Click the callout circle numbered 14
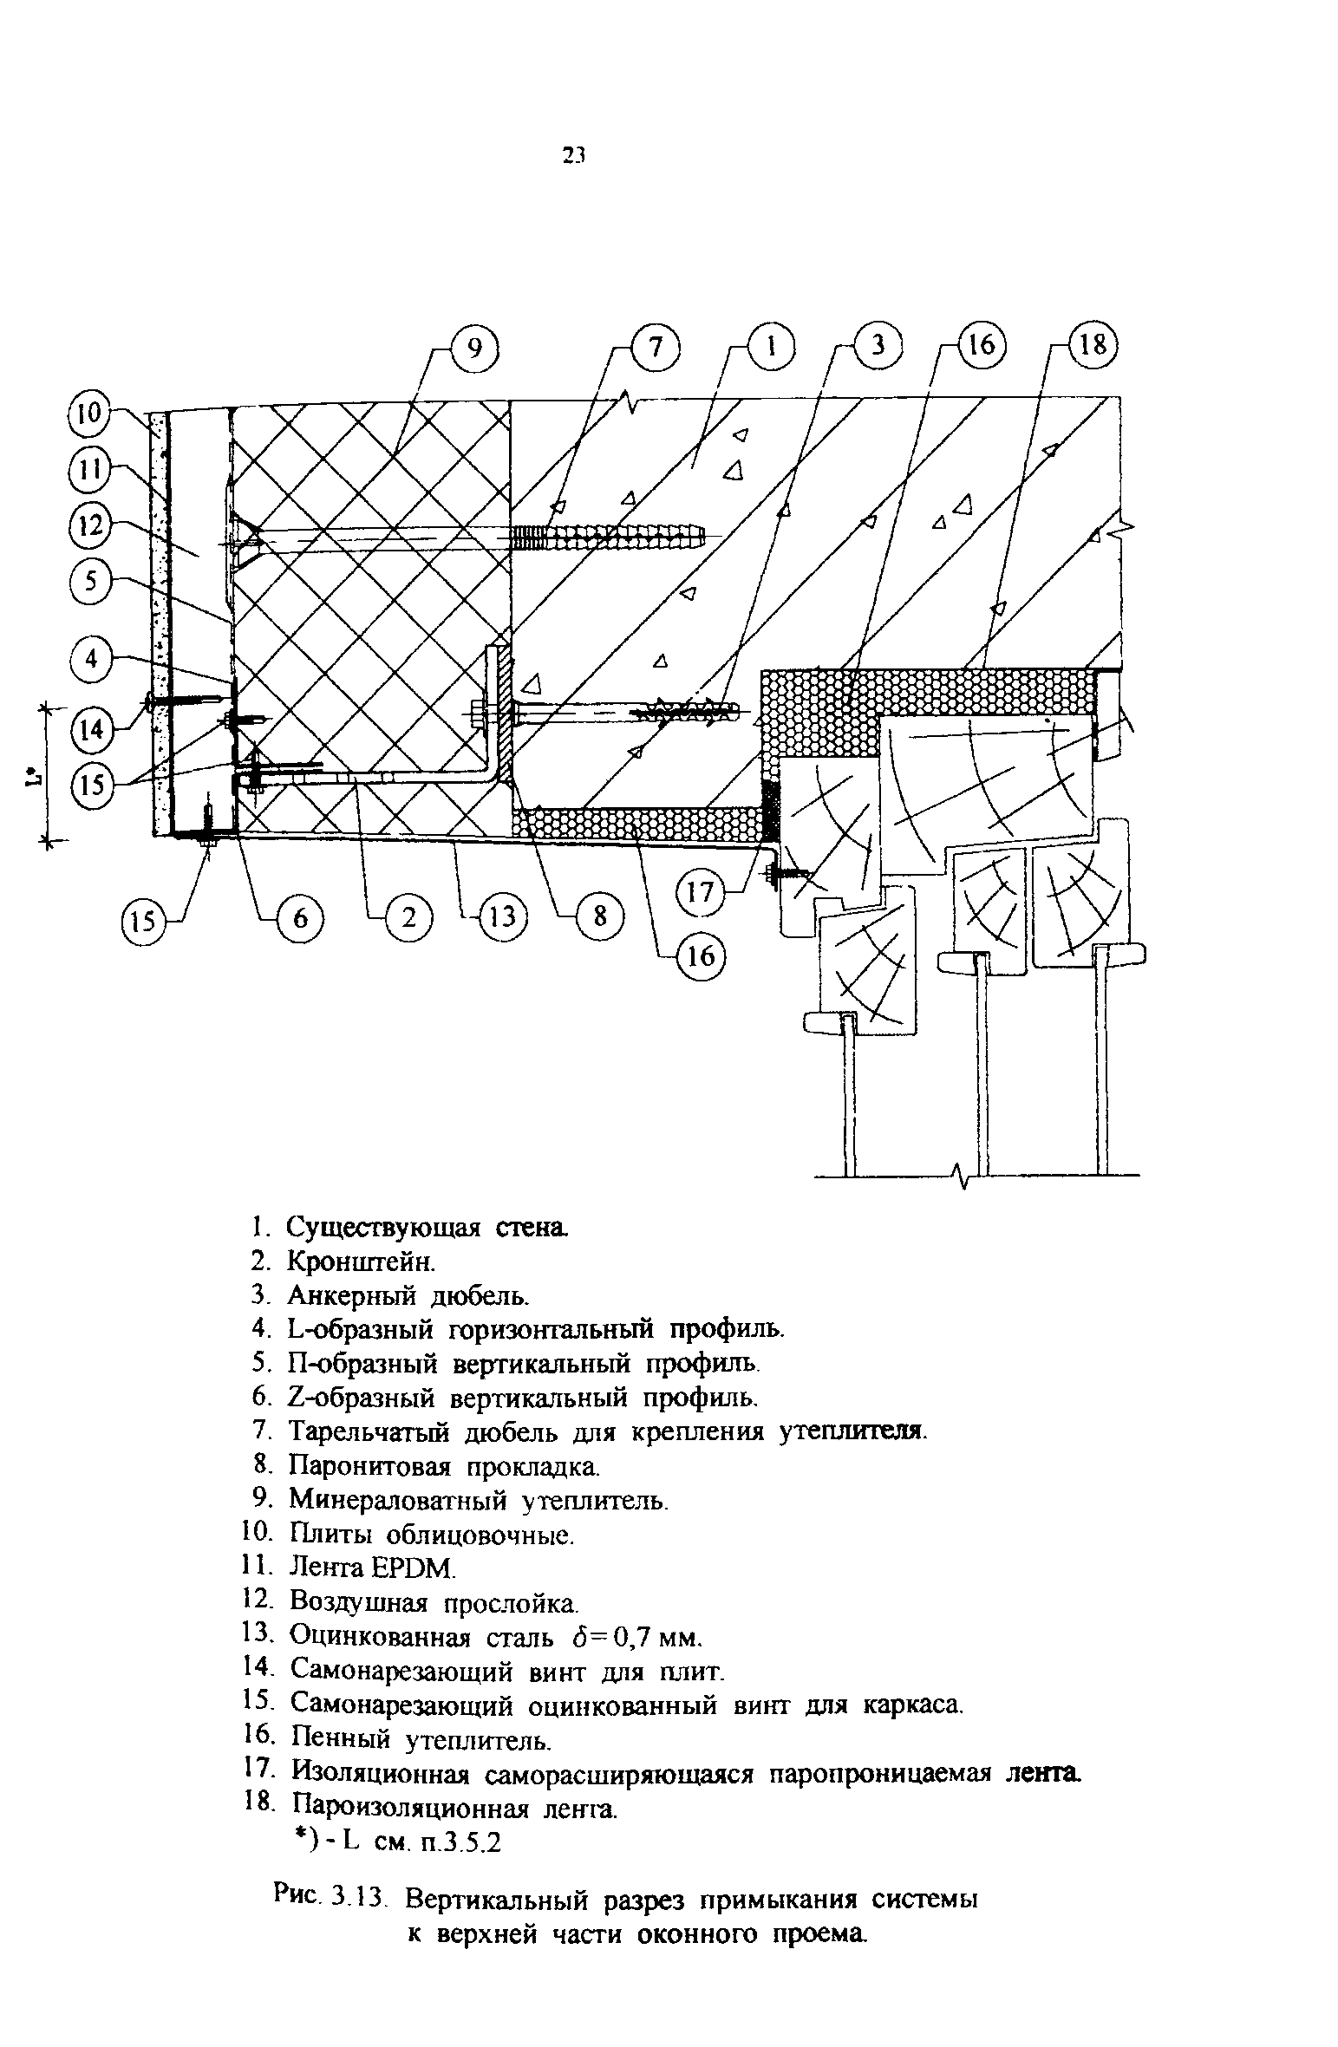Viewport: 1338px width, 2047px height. (x=93, y=729)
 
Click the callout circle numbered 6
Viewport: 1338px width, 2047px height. (x=299, y=917)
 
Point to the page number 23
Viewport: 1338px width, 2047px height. (x=573, y=155)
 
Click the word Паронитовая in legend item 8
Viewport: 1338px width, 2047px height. (x=370, y=1466)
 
